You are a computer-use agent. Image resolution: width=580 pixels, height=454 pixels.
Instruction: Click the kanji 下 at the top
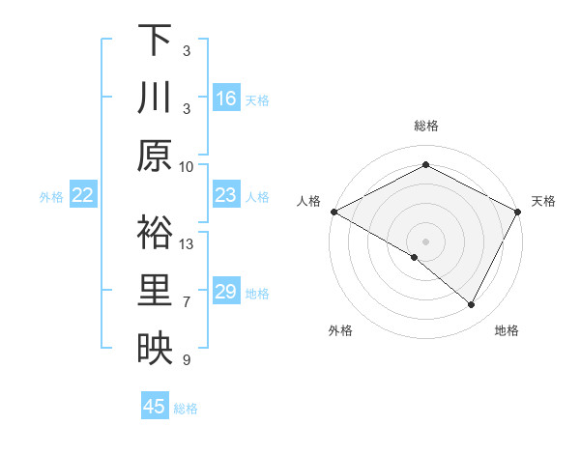155,40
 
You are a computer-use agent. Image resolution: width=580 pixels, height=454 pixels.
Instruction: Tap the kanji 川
155,99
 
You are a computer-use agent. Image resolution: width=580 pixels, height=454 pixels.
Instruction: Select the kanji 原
155,156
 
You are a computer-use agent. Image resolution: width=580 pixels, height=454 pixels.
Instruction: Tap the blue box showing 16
226,99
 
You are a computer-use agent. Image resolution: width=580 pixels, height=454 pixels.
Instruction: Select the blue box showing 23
226,195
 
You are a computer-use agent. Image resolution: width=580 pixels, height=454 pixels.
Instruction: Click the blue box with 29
226,292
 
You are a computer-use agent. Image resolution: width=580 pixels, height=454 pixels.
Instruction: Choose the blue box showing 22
83,195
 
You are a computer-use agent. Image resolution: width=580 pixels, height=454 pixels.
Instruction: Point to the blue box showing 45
155,407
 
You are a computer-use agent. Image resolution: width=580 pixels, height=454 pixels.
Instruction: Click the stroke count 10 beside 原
187,166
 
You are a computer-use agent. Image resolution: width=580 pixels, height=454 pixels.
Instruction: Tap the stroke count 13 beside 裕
187,243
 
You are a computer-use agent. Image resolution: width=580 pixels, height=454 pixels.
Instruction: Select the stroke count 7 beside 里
187,301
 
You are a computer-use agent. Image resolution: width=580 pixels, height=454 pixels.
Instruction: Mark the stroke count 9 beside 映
187,360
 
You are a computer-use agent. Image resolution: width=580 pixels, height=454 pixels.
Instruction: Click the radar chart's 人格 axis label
308,201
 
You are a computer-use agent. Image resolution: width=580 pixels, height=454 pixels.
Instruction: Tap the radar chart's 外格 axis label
340,331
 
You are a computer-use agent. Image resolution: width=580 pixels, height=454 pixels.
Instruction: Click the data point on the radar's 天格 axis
518,212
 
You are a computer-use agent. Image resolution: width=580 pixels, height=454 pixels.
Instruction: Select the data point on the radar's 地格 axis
472,304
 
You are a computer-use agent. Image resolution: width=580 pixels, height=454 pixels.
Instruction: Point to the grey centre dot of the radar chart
425,241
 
